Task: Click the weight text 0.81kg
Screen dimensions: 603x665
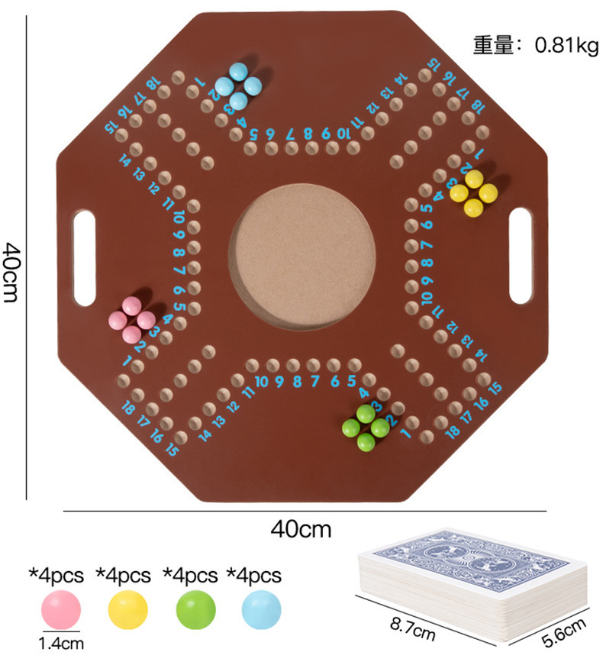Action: [567, 45]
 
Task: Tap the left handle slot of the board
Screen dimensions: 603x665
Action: [85, 258]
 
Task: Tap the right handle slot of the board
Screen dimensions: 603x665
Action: [521, 256]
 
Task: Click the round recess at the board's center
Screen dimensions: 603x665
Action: [302, 257]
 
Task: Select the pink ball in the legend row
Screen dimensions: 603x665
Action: [60, 609]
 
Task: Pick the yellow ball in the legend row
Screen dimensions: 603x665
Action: [127, 609]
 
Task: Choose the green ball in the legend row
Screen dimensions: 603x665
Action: [195, 609]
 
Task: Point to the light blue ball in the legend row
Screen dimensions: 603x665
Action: [261, 609]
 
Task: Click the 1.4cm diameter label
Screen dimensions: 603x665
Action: [61, 644]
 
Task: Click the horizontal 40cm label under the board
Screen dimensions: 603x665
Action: [301, 529]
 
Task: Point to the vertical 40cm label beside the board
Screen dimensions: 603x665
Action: [11, 272]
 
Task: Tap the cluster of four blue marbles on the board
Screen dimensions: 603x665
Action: [238, 86]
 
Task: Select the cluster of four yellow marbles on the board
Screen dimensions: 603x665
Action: [473, 193]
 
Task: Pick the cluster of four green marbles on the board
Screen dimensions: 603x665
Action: [366, 428]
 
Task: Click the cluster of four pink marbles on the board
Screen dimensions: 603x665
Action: [132, 320]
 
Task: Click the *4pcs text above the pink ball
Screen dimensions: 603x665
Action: [56, 576]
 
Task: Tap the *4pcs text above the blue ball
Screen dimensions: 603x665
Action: [253, 576]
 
